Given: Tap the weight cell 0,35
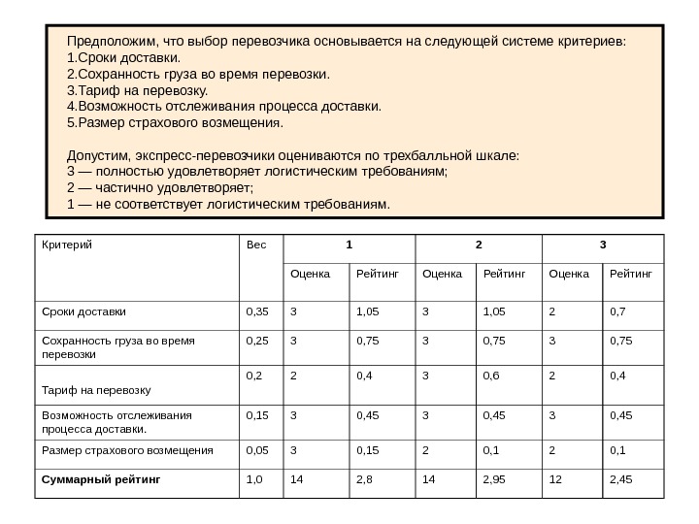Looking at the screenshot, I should click(x=257, y=312).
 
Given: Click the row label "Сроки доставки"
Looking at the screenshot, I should click(x=84, y=312).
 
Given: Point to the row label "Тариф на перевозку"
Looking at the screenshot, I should click(x=95, y=390).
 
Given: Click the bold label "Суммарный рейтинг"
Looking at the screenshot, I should click(x=100, y=479).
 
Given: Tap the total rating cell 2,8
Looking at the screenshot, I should click(x=368, y=479).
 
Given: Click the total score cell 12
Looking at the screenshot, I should click(x=555, y=479).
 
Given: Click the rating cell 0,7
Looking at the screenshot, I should click(x=618, y=312).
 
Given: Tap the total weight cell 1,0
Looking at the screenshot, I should click(x=255, y=479).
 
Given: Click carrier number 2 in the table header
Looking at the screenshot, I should click(x=477, y=244).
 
